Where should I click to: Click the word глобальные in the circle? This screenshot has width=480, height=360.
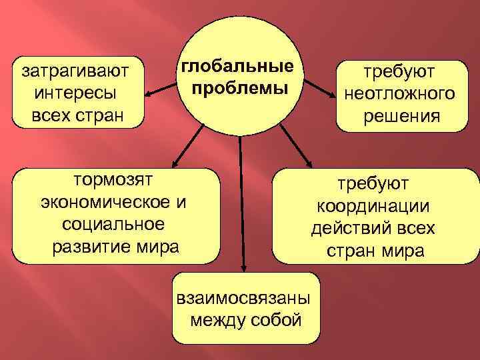[238, 67]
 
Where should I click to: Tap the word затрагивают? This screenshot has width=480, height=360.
[75, 69]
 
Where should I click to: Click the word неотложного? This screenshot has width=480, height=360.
[400, 93]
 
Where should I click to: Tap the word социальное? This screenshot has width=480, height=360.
[115, 224]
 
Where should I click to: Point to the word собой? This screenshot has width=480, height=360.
[274, 320]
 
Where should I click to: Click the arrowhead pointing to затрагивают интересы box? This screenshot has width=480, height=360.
[152, 93]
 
